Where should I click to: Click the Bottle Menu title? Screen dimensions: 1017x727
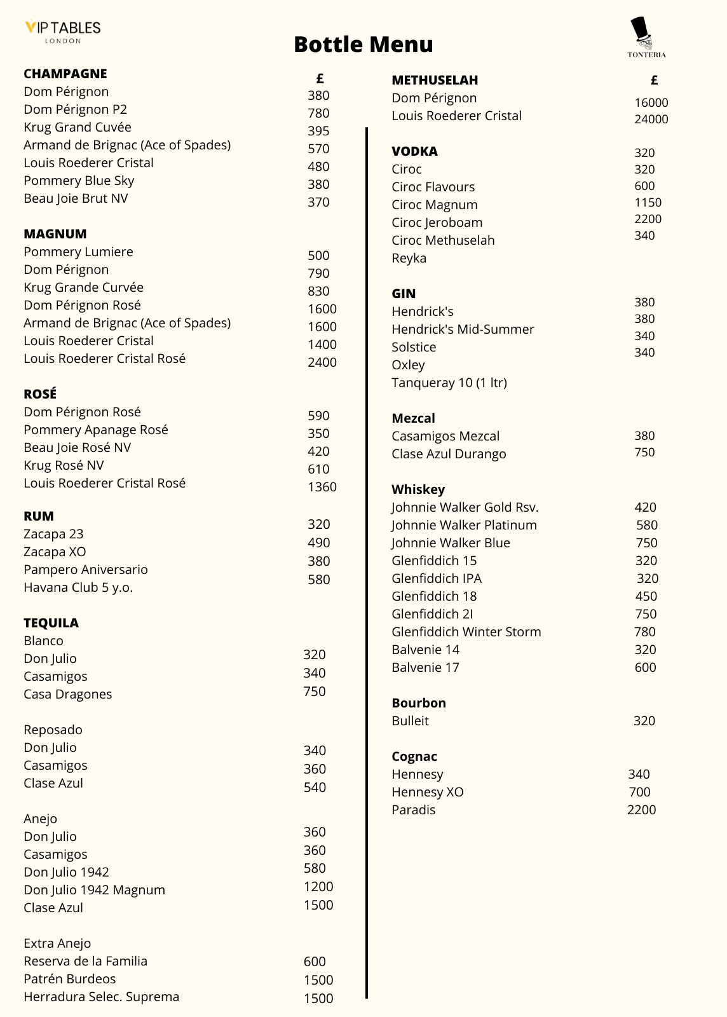(363, 44)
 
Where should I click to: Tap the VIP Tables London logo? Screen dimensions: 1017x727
(63, 31)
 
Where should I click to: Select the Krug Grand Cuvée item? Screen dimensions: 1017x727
(78, 127)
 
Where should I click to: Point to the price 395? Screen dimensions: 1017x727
(318, 131)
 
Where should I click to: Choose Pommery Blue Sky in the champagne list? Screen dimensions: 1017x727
(79, 181)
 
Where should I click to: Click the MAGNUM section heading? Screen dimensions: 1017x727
(55, 234)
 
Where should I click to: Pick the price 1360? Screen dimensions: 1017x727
(322, 487)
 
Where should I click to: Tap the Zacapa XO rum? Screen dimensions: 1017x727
(55, 552)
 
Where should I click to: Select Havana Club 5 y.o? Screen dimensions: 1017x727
(78, 587)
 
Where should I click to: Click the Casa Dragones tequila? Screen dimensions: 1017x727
(67, 694)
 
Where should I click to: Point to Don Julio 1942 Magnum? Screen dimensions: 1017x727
(94, 890)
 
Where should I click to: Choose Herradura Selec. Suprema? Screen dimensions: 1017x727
(101, 997)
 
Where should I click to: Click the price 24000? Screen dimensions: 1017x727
(651, 119)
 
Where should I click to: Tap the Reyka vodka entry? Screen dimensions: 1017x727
(409, 258)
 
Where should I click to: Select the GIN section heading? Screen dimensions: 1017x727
(404, 294)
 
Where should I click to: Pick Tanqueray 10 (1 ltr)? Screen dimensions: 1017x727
(449, 383)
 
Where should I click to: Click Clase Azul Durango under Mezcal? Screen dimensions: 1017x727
(449, 454)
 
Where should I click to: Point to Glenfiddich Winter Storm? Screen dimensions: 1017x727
(466, 632)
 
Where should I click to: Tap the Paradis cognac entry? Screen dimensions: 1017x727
(413, 810)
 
